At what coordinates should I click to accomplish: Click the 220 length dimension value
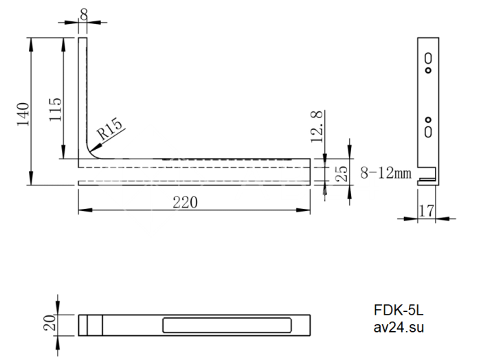click(x=185, y=203)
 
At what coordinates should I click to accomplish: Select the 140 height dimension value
click(x=23, y=114)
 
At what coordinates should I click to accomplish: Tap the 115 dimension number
click(x=56, y=109)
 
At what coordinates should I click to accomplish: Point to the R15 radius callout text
click(x=109, y=128)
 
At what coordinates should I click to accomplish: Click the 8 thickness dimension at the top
click(x=83, y=14)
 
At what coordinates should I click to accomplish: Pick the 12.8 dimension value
click(x=317, y=126)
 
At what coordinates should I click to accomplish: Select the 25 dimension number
click(x=342, y=174)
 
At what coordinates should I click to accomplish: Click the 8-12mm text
click(x=385, y=173)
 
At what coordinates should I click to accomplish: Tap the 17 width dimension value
click(x=427, y=211)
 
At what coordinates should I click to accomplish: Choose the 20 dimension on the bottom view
click(x=49, y=323)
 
